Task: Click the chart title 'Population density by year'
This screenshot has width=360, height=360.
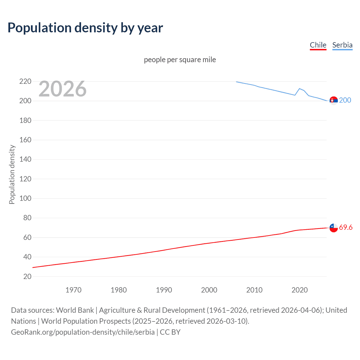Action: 85,28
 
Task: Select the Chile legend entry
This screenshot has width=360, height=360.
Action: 318,45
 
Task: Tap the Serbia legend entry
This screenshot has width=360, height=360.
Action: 342,45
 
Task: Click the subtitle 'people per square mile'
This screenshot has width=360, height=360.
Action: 180,60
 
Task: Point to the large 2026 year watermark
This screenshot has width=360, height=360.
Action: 62,89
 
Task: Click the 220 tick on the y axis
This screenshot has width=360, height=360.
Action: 25,82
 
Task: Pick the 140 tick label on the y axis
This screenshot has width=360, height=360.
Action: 25,159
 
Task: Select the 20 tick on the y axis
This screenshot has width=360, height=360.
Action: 27,276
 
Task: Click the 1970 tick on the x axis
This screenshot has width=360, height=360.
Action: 73,290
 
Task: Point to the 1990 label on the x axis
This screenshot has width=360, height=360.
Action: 164,290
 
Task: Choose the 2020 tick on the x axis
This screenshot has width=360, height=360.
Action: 300,290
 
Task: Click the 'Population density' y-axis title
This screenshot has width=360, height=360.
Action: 12,174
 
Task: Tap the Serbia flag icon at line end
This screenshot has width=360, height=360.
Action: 334,100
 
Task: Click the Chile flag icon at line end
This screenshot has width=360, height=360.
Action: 334,228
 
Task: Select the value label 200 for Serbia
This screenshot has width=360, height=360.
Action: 345,100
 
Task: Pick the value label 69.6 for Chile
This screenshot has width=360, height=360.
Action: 346,227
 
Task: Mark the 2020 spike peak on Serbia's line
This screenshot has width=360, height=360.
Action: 300,89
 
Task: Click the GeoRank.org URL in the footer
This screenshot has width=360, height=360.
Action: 83,332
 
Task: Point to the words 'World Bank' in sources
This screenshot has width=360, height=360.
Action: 75,310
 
